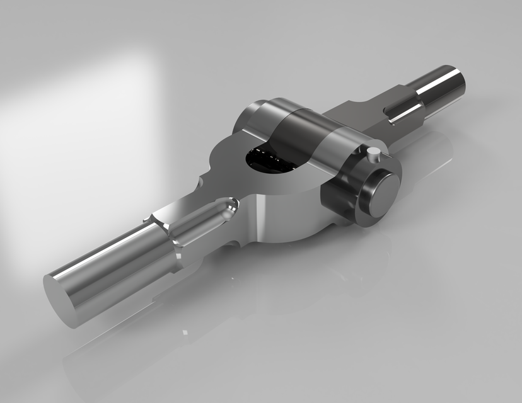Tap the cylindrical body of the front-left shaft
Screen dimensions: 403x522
point(113,264)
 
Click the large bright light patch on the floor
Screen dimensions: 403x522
point(82,126)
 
